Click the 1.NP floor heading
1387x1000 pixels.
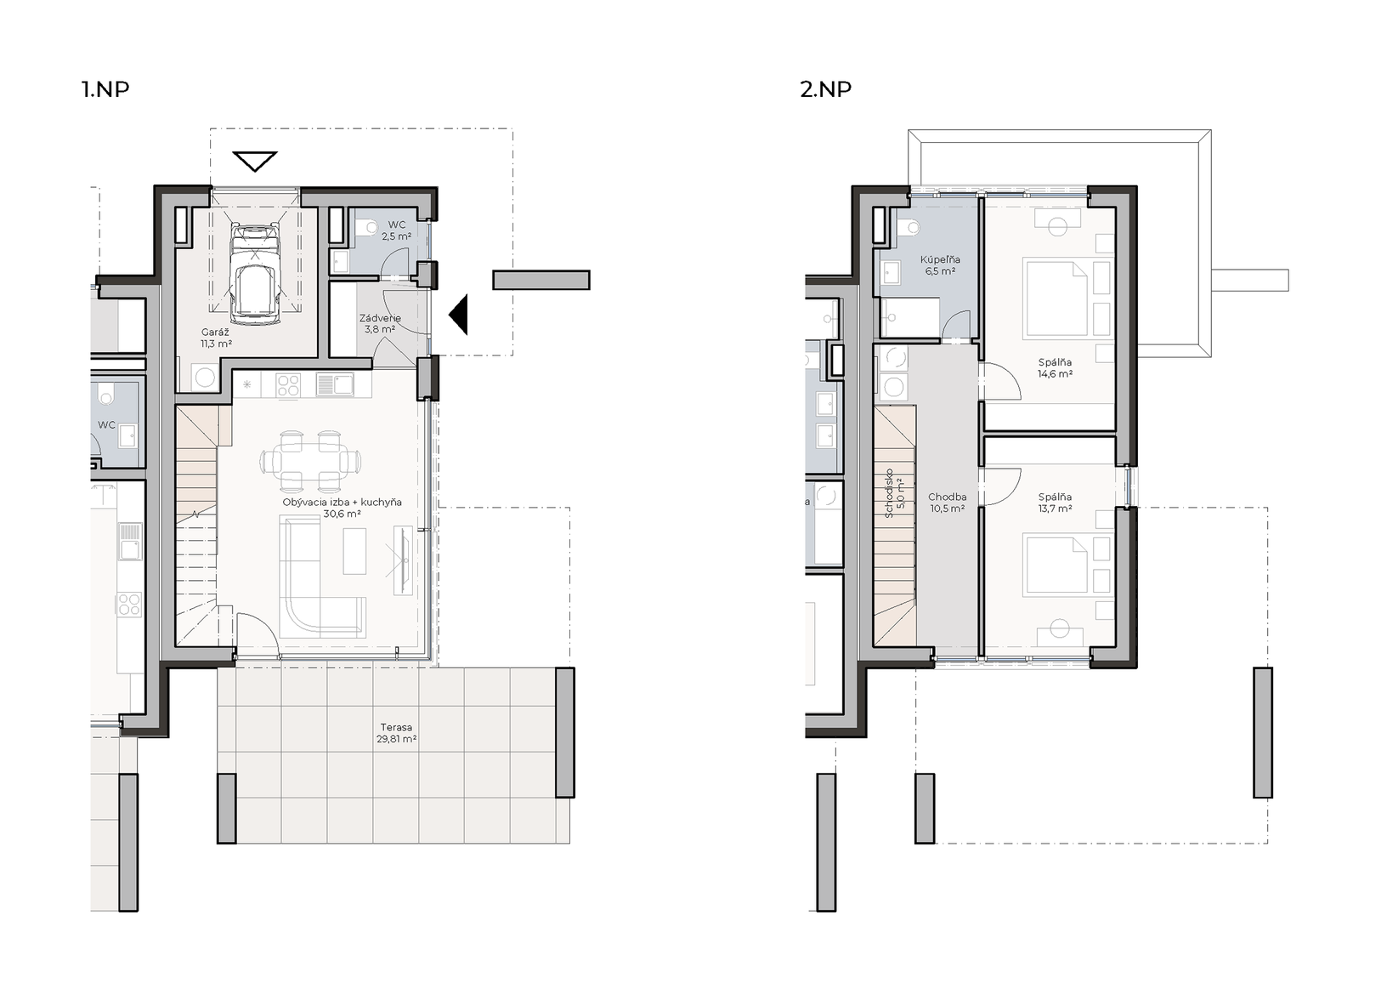[x=106, y=89]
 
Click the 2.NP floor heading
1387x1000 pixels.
[x=825, y=89]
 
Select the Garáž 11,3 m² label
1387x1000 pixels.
[x=216, y=338]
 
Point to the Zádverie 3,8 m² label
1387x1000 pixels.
[x=380, y=323]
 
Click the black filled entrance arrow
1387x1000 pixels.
[x=458, y=315]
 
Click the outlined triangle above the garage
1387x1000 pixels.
[x=255, y=161]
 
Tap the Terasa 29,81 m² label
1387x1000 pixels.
[x=396, y=733]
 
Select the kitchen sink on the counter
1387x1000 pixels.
[x=334, y=384]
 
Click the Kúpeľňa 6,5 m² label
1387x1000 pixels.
[x=940, y=265]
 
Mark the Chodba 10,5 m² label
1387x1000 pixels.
[x=948, y=503]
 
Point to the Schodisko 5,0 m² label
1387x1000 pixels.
[x=895, y=493]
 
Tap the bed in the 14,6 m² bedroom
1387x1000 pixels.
[x=1056, y=298]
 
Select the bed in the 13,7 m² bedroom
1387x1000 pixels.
[x=1056, y=566]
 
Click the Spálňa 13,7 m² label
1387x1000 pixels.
[x=1055, y=503]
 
